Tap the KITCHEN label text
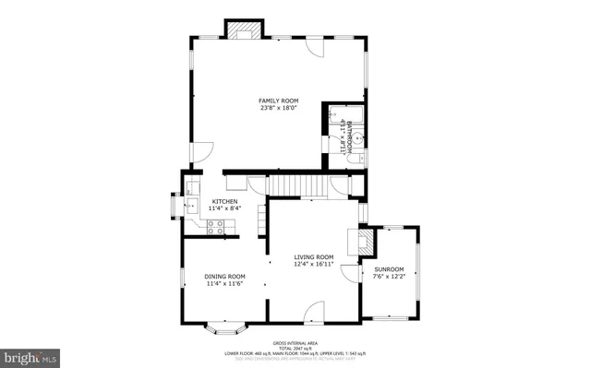click(x=225, y=202)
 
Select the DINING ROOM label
click(x=224, y=276)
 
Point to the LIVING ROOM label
click(x=314, y=257)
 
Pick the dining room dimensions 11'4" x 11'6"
click(x=224, y=284)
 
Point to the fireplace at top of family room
click(x=245, y=30)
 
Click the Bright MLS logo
click(x=30, y=356)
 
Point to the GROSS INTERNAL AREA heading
click(x=295, y=341)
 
